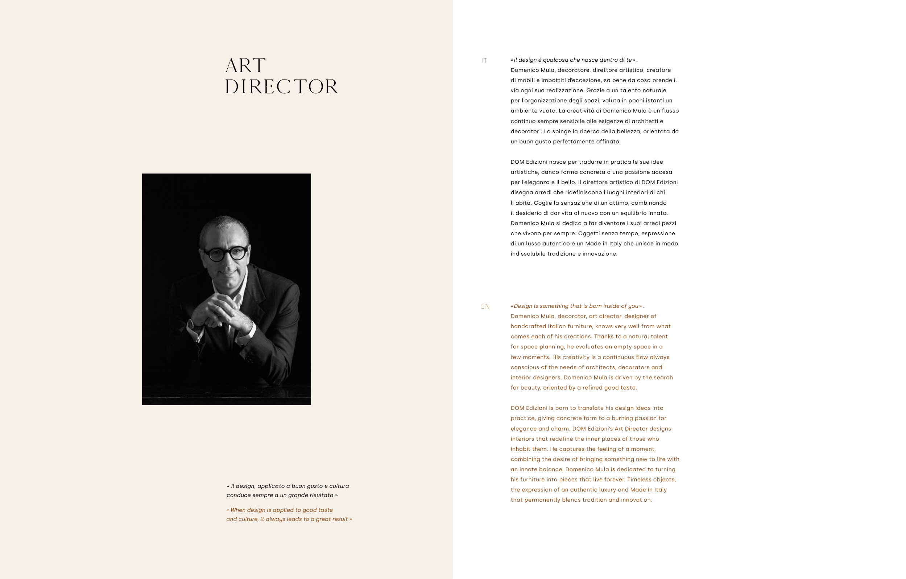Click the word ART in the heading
click(x=245, y=66)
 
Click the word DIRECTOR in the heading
click(x=281, y=87)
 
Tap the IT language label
click(x=484, y=61)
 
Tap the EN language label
click(x=485, y=307)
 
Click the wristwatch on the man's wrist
click(x=192, y=325)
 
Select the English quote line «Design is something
click(x=577, y=306)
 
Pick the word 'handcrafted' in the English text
click(x=528, y=327)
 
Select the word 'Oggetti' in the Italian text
click(x=588, y=233)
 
